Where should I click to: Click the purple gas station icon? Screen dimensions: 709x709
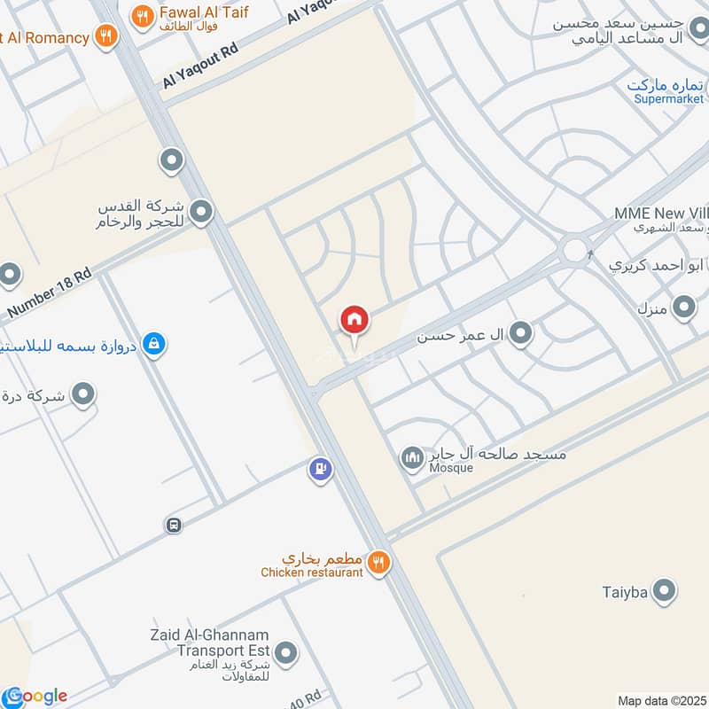321,469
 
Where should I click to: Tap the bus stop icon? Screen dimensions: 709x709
174,525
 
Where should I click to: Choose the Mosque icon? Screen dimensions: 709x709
412,458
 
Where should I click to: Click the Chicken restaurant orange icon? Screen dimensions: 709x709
378,561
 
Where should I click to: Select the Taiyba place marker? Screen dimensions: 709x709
663,590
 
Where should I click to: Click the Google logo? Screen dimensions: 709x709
35,696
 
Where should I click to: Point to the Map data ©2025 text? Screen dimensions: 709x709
660,700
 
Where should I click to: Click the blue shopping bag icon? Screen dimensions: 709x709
154,343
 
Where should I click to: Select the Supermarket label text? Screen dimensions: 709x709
669,99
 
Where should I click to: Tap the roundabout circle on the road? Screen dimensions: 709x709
577,249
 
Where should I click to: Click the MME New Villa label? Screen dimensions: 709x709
660,214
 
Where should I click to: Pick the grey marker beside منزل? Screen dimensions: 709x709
683,308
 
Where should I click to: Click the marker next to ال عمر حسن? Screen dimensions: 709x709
522,333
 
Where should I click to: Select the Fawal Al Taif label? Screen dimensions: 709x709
203,13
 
